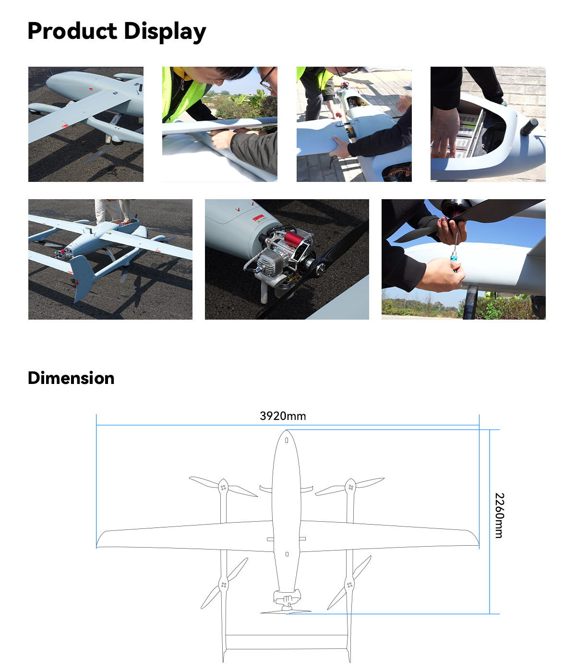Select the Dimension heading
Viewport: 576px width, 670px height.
(x=71, y=378)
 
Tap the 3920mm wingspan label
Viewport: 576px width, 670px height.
(x=283, y=416)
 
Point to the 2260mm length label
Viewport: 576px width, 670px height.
(x=499, y=515)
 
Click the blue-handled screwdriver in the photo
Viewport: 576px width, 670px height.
(x=453, y=263)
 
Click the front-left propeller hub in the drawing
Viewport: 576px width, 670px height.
(x=223, y=487)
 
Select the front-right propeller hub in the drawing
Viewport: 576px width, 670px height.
(x=350, y=487)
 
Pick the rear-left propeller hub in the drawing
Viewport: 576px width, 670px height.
(x=223, y=584)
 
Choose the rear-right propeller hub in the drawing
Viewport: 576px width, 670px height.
(x=349, y=584)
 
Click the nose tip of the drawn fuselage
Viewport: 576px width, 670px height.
(x=287, y=432)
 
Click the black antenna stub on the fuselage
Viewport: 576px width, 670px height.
(x=529, y=127)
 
